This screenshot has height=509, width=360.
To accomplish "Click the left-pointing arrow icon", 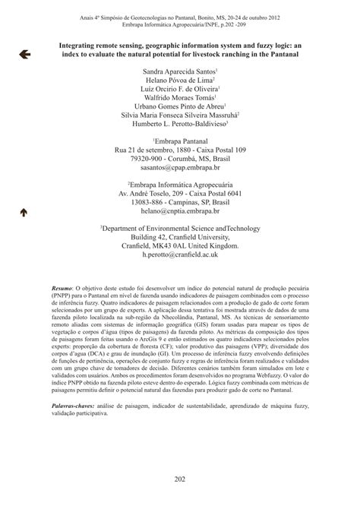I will tap(24, 54).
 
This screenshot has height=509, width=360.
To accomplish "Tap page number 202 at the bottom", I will tap(180, 478).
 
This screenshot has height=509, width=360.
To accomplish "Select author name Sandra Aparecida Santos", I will tap(179, 71).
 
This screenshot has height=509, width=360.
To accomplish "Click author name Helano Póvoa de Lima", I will tap(179, 80).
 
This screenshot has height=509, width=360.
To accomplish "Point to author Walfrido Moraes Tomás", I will tap(179, 98).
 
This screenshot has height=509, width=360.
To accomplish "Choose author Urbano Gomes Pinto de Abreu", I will tap(179, 107).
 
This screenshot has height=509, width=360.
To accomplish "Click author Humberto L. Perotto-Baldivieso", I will tap(179, 125).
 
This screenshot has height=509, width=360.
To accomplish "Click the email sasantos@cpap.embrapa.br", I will tap(179, 168).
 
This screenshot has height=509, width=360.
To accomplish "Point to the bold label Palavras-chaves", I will tap(71, 407).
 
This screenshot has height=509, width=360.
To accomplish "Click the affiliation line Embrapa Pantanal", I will tap(179, 141).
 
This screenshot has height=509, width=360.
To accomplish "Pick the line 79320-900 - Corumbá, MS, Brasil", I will tap(179, 159).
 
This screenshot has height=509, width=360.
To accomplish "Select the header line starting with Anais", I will tap(179, 17).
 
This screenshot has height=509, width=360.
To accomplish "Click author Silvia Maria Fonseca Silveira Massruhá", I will tap(179, 116).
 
